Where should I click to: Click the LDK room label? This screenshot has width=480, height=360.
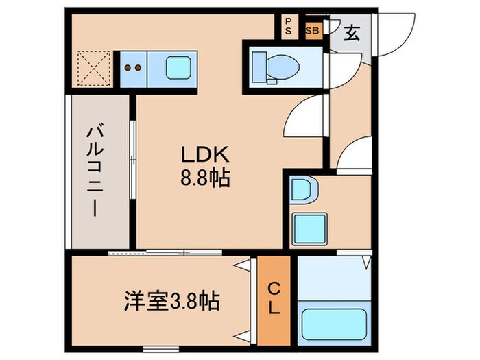pyautogui.click(x=200, y=156)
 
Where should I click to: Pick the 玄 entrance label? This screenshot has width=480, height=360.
pyautogui.click(x=351, y=32)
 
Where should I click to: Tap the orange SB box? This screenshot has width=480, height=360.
pyautogui.click(x=312, y=31)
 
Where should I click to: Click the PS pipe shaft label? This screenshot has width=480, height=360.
pyautogui.click(x=287, y=26)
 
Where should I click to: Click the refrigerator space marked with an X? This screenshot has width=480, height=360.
pyautogui.click(x=91, y=68)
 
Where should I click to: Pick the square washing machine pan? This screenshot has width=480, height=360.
pyautogui.click(x=306, y=227)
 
